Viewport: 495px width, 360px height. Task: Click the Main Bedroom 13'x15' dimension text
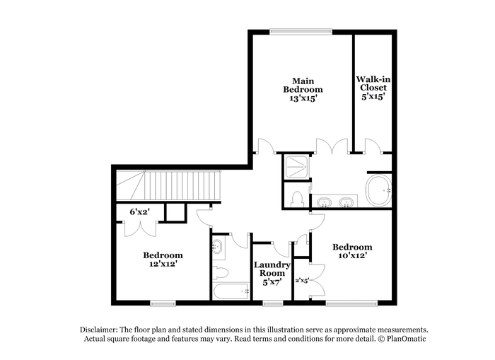point(303,98)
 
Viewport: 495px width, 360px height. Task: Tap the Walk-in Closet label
point(373,83)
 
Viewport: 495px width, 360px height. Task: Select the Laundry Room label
point(272,269)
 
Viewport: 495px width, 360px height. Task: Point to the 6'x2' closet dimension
point(139,212)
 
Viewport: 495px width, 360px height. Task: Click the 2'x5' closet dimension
point(302,280)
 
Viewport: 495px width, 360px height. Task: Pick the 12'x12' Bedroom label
point(163,260)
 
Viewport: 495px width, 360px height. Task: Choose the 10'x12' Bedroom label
point(352,251)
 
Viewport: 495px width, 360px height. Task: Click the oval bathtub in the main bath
point(379,190)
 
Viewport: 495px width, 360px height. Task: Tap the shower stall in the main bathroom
point(296,167)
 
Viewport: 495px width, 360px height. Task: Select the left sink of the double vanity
point(324,202)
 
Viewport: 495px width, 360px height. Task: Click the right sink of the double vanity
point(346,202)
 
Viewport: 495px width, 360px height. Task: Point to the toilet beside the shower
point(298,199)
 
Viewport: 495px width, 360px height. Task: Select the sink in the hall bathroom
point(217,245)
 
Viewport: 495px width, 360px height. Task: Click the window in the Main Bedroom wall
point(301,32)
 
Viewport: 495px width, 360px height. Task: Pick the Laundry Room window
point(273,304)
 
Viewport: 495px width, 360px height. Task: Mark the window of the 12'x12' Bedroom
point(163,304)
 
